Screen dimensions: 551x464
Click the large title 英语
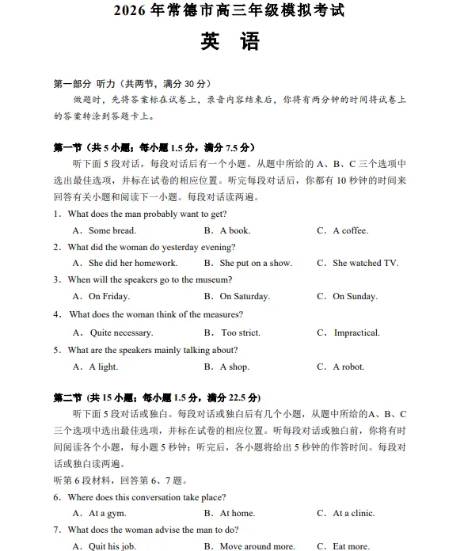pyautogui.click(x=230, y=42)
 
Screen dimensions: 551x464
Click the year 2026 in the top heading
pyautogui.click(x=131, y=11)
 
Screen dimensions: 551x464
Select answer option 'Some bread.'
pyautogui.click(x=112, y=230)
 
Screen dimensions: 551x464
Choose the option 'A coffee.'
pyautogui.click(x=350, y=230)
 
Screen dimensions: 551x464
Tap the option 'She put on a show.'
pyautogui.click(x=255, y=263)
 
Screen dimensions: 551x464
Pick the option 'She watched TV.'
pyautogui.click(x=365, y=263)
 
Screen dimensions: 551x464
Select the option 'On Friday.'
pyautogui.click(x=108, y=296)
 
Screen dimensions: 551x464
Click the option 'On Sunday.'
pyautogui.click(x=355, y=296)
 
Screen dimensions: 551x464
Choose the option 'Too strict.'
pyautogui.click(x=240, y=333)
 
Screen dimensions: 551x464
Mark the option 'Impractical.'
pyautogui.click(x=356, y=333)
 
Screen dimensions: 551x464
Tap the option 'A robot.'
pyautogui.click(x=348, y=367)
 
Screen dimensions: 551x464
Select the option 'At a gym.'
pyautogui.click(x=107, y=513)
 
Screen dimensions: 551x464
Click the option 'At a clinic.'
pyautogui.click(x=353, y=513)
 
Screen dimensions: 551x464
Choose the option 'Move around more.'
pyautogui.click(x=257, y=546)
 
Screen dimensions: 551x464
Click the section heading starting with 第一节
pyautogui.click(x=154, y=147)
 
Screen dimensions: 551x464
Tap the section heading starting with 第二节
pyautogui.click(x=156, y=397)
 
